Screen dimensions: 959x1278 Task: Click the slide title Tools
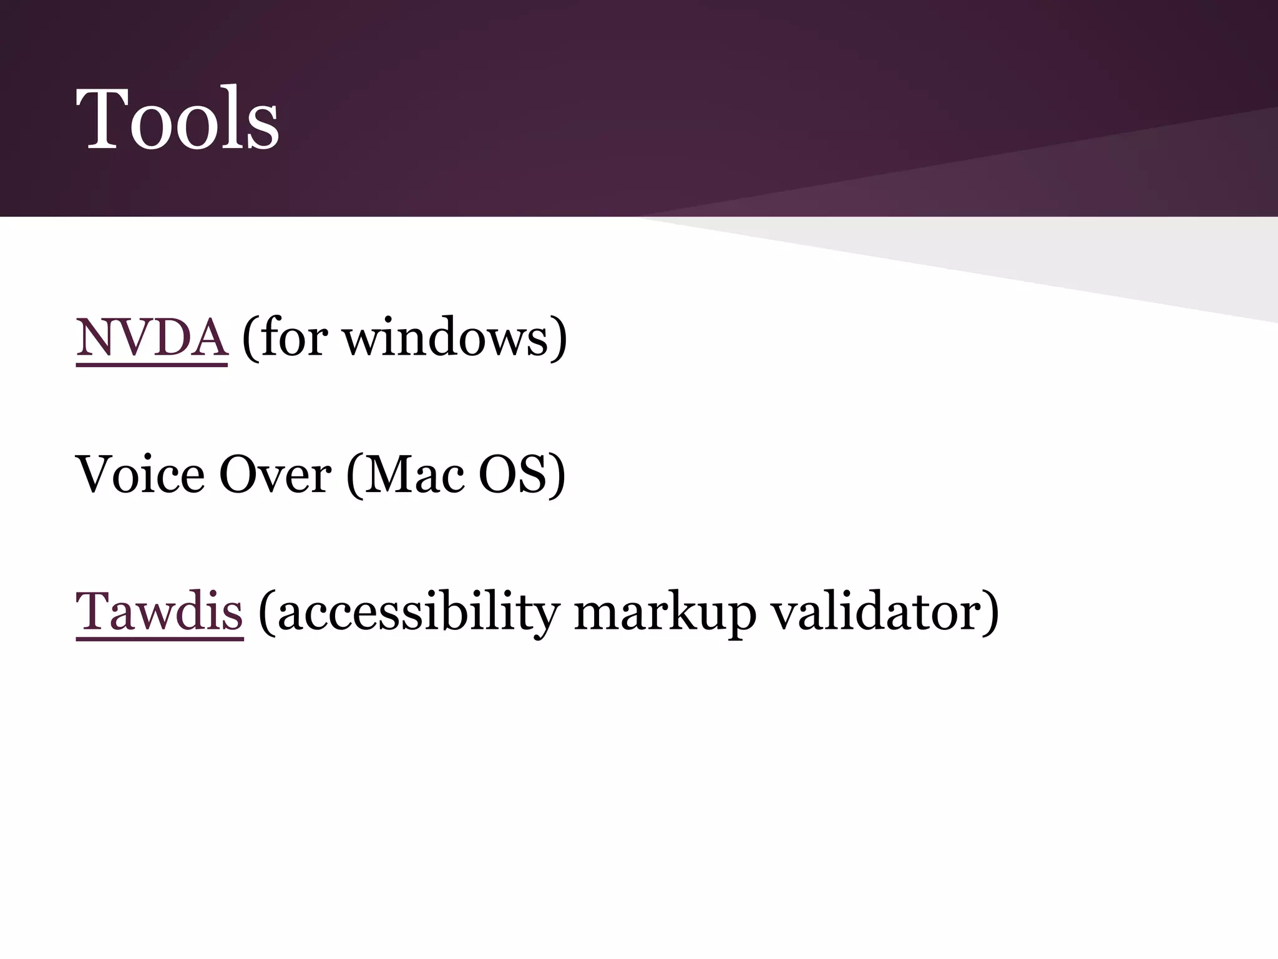coord(177,119)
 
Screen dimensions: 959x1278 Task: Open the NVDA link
coord(152,337)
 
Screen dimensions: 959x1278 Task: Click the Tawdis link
coord(159,611)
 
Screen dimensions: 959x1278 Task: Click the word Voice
coord(140,475)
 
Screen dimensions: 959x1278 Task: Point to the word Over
coord(275,475)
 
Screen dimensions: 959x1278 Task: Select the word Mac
coord(414,475)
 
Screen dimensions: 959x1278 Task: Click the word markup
coord(664,612)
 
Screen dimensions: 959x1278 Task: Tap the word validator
coord(876,611)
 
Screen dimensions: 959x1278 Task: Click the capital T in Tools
coord(101,119)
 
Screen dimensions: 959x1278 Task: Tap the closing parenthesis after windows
coord(559,338)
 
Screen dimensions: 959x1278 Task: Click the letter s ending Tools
coord(265,128)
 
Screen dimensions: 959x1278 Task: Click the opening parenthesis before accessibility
coord(266,612)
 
